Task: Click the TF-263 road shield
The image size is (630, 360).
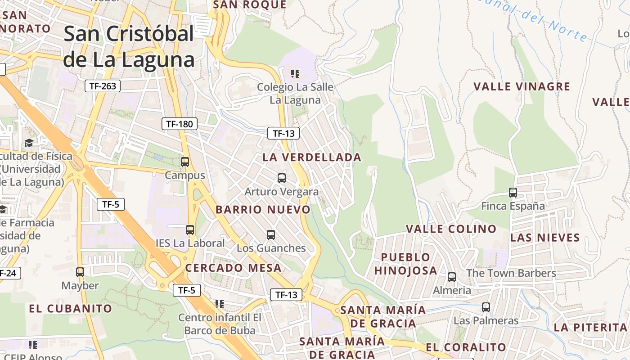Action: (x=103, y=86)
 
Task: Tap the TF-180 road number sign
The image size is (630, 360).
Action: (x=180, y=124)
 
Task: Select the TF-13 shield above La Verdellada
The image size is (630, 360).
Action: (x=283, y=133)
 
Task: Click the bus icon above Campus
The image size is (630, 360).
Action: (x=184, y=162)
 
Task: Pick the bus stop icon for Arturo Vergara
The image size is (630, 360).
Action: (x=281, y=178)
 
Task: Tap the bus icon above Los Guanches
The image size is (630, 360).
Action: (x=270, y=235)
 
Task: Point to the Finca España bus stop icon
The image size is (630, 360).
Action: (x=513, y=193)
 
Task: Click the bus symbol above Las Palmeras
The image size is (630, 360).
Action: (x=486, y=307)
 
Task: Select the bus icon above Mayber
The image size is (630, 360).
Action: (x=80, y=272)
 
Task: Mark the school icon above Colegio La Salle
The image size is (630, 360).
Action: (x=295, y=73)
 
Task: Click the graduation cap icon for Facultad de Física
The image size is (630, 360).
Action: (x=29, y=143)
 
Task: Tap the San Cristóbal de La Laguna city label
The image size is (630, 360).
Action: (x=129, y=46)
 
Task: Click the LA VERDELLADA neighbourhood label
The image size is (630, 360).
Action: (x=312, y=157)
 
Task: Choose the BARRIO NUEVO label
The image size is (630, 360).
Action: (x=263, y=210)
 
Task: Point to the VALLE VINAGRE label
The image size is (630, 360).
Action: (x=522, y=86)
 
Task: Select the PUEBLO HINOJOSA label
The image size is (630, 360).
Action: (x=405, y=264)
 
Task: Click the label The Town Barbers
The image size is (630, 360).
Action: (x=511, y=273)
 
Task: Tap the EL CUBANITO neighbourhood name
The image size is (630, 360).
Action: (x=71, y=308)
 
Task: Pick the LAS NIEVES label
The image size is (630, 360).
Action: (x=545, y=238)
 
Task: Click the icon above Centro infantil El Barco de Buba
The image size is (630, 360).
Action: (x=220, y=304)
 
